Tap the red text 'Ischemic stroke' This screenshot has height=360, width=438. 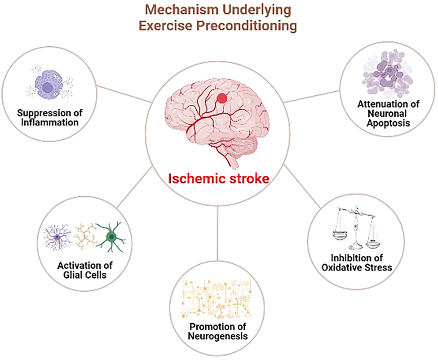click(x=219, y=178)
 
